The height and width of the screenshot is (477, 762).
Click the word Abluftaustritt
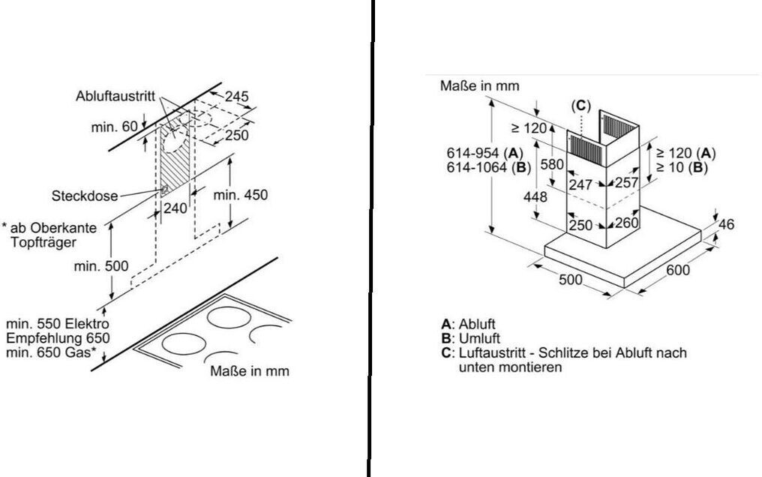[115, 96]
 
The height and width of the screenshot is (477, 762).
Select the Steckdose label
[85, 196]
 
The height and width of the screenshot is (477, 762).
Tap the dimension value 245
[237, 97]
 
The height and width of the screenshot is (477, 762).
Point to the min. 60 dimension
[114, 127]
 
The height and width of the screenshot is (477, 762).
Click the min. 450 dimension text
[241, 195]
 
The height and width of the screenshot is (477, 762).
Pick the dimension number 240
[175, 208]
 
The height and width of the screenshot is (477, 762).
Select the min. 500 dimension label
[101, 266]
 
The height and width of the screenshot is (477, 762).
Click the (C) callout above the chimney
[580, 106]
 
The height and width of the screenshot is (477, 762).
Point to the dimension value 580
[552, 164]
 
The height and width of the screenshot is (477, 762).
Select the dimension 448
[535, 196]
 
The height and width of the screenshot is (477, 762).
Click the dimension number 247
[580, 184]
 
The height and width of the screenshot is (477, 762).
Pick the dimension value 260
[626, 223]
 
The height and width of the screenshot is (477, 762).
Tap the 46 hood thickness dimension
[727, 224]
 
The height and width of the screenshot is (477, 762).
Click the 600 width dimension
[678, 269]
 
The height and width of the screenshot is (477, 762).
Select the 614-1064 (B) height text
[489, 167]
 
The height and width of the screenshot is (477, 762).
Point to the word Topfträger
[43, 242]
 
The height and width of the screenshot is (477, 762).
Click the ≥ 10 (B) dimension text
[682, 167]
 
